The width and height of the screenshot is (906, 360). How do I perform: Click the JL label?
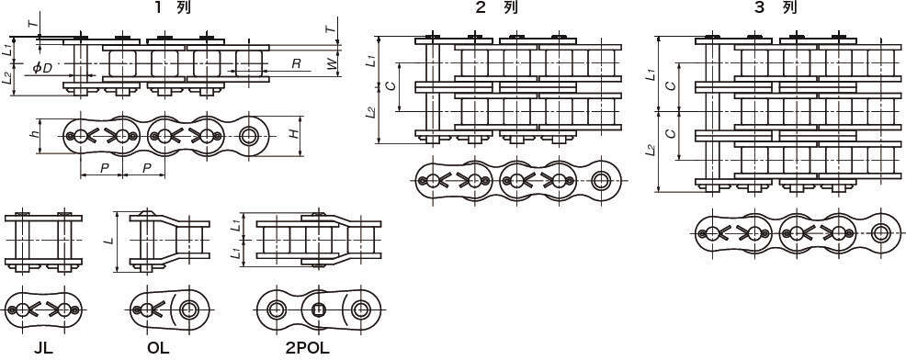[x=43, y=348]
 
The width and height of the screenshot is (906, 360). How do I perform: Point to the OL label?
[x=158, y=348]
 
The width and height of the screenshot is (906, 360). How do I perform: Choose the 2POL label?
[x=308, y=348]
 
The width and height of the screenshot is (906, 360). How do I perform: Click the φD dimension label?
[x=42, y=68]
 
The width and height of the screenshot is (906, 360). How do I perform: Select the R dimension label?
[x=296, y=63]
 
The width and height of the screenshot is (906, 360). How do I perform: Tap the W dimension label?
[x=332, y=64]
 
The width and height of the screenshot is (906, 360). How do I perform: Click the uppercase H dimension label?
[x=294, y=133]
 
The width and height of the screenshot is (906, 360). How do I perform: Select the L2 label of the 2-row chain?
[x=371, y=112]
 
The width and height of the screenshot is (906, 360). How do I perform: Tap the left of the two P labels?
[x=104, y=167]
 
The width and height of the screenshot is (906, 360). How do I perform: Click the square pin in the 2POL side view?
[x=317, y=311]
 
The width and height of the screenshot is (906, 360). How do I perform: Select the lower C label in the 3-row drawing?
[x=670, y=133]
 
